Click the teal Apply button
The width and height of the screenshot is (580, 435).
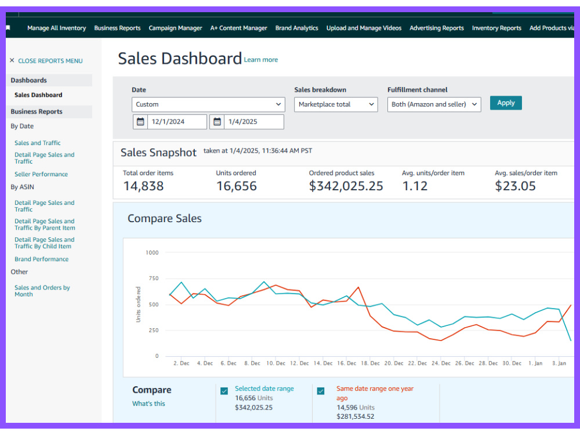(506, 103)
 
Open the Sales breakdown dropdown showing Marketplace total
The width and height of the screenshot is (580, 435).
(336, 104)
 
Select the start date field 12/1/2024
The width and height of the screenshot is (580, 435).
(170, 122)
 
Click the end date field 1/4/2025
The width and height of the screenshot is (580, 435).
(246, 122)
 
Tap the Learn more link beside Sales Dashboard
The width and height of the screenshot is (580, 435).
(261, 60)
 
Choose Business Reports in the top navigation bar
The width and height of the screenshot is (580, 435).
(117, 28)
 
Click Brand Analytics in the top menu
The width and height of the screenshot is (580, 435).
(296, 28)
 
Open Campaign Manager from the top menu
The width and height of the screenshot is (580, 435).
(175, 28)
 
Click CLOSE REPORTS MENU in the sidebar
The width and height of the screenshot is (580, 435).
(50, 61)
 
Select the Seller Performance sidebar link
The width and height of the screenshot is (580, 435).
(41, 174)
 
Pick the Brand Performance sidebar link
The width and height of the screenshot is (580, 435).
(41, 259)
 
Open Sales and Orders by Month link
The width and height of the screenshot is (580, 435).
(42, 291)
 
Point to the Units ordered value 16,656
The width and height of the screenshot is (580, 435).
(237, 186)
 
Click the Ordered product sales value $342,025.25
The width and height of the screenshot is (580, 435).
(346, 186)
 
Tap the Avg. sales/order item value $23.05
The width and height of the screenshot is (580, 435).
(515, 186)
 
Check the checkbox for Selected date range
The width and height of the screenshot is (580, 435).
(224, 391)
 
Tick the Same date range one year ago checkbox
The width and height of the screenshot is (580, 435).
(321, 391)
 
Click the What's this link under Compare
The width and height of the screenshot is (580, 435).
(148, 404)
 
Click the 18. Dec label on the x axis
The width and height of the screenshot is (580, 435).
(370, 363)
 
